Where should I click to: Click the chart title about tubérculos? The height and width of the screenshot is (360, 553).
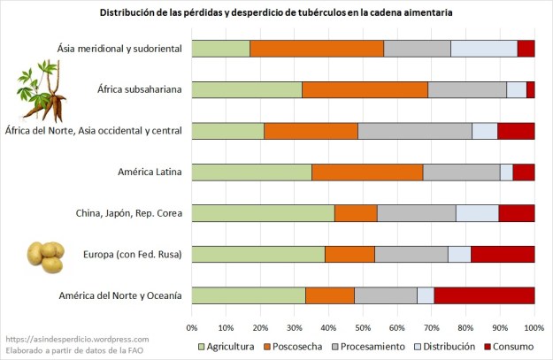pyautogui.click(x=276, y=14)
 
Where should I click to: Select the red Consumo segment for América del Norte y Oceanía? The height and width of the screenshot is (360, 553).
pyautogui.click(x=484, y=295)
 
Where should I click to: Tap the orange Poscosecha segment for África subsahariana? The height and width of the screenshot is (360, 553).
pyautogui.click(x=365, y=89)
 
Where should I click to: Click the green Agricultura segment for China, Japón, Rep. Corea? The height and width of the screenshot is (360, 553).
pyautogui.click(x=263, y=213)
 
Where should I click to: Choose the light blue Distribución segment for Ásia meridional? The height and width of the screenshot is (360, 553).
pyautogui.click(x=484, y=49)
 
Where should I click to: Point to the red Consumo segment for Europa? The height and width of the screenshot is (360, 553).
pyautogui.click(x=503, y=254)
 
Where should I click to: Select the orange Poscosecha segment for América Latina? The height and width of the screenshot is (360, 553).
pyautogui.click(x=367, y=172)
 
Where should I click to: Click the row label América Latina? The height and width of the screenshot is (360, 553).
pyautogui.click(x=150, y=172)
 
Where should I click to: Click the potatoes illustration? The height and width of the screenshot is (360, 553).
pyautogui.click(x=46, y=256)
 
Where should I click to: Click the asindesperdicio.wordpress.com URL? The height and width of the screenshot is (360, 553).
pyautogui.click(x=77, y=339)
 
